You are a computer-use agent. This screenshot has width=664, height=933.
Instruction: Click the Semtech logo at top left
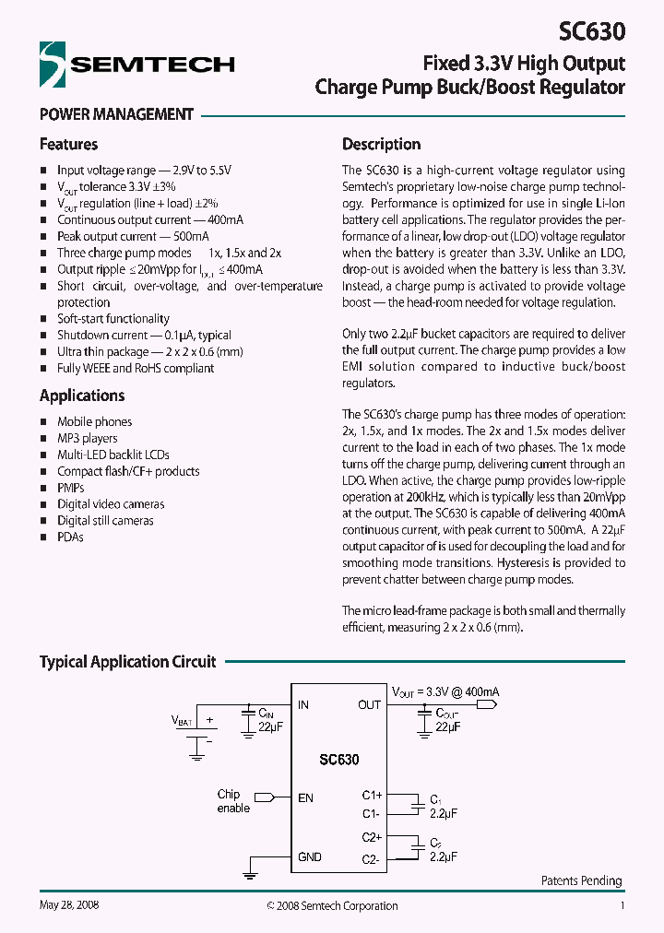(136, 65)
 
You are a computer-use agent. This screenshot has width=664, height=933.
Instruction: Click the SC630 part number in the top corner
(592, 31)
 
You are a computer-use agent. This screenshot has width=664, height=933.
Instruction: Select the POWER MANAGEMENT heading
(116, 115)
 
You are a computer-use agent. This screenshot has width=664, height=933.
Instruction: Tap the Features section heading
(68, 144)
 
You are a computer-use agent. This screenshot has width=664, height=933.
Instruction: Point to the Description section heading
(381, 144)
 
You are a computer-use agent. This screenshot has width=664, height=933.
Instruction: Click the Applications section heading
(82, 396)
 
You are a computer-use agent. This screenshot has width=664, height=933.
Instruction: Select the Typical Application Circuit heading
(127, 662)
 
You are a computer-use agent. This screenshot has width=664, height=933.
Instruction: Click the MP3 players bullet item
(87, 438)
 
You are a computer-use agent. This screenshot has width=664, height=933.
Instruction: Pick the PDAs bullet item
(70, 537)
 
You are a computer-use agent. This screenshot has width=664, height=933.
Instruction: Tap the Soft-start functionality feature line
(113, 319)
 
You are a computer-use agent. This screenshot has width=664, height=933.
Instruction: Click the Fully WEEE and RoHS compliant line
(135, 368)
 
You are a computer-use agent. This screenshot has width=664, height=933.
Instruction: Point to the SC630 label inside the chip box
(338, 761)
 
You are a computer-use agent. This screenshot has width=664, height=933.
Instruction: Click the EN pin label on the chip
(305, 797)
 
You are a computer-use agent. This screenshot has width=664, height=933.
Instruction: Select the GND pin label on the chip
(310, 857)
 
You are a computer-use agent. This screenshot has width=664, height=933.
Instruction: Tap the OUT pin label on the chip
(369, 705)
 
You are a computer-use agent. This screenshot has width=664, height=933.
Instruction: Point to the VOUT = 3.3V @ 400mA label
(445, 691)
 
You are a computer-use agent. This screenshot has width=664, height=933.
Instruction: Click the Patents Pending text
(581, 881)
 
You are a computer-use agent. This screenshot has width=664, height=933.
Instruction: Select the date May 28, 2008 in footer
(69, 905)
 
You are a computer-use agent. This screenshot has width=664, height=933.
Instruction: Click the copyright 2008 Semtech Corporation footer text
(332, 906)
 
